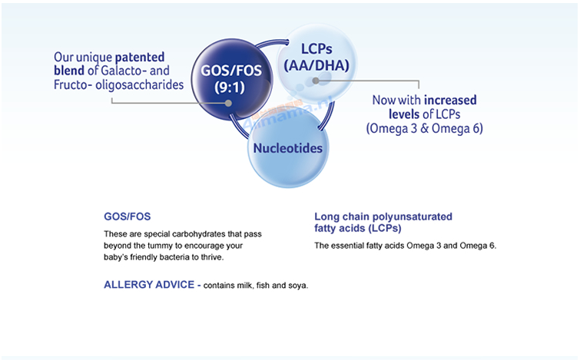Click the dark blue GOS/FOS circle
coord(232,79)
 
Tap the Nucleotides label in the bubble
coord(288,148)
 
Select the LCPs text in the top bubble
coord(317,49)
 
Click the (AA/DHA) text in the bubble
coord(317,65)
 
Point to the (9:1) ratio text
coord(230,88)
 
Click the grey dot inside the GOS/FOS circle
coord(229,103)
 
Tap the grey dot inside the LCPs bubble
coord(316,81)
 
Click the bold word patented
coord(140,58)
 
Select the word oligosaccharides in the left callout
coord(140,84)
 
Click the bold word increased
coord(450,100)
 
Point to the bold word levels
coord(404,114)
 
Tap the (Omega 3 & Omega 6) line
coord(425,128)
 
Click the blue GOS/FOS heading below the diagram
coord(128,216)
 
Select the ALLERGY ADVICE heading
coord(149,285)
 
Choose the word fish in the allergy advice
coord(263,286)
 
